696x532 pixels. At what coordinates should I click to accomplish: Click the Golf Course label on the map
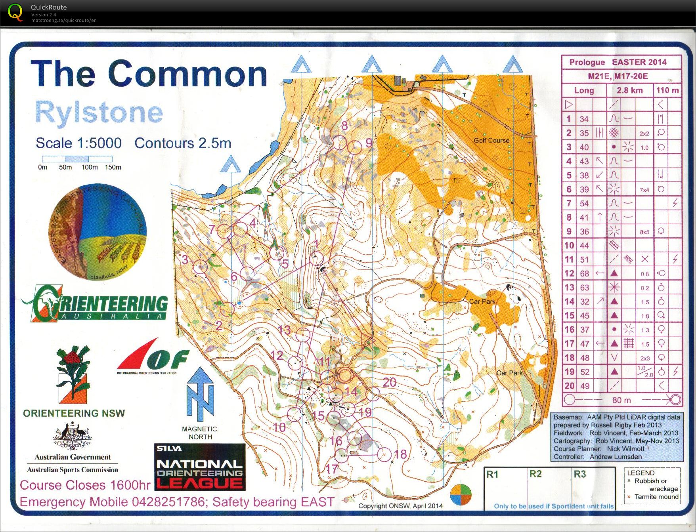click(x=491, y=140)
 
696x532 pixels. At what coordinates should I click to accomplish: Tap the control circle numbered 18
click(x=384, y=454)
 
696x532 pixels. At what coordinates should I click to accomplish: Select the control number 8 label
click(x=344, y=126)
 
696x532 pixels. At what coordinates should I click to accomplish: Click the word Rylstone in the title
click(x=99, y=112)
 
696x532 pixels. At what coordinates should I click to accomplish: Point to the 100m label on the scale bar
click(x=89, y=167)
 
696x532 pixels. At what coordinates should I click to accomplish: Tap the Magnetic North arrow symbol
click(x=200, y=394)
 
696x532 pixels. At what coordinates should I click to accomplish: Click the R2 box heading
click(x=535, y=474)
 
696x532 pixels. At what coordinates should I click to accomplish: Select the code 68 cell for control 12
click(x=585, y=274)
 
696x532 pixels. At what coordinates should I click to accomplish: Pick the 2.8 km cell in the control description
click(x=629, y=90)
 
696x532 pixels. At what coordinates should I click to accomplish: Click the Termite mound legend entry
click(x=656, y=497)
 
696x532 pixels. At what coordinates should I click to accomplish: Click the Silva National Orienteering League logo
click(x=200, y=467)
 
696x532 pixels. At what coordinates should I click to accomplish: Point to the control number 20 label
click(x=389, y=382)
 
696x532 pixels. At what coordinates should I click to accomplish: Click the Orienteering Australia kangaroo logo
click(x=95, y=303)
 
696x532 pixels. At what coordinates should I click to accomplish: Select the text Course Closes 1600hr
click(x=85, y=485)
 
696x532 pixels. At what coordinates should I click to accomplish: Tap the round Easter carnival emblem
click(x=98, y=232)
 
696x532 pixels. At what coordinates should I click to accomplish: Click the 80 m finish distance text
click(x=621, y=400)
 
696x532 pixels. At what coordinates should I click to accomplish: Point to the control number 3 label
click(x=185, y=260)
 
